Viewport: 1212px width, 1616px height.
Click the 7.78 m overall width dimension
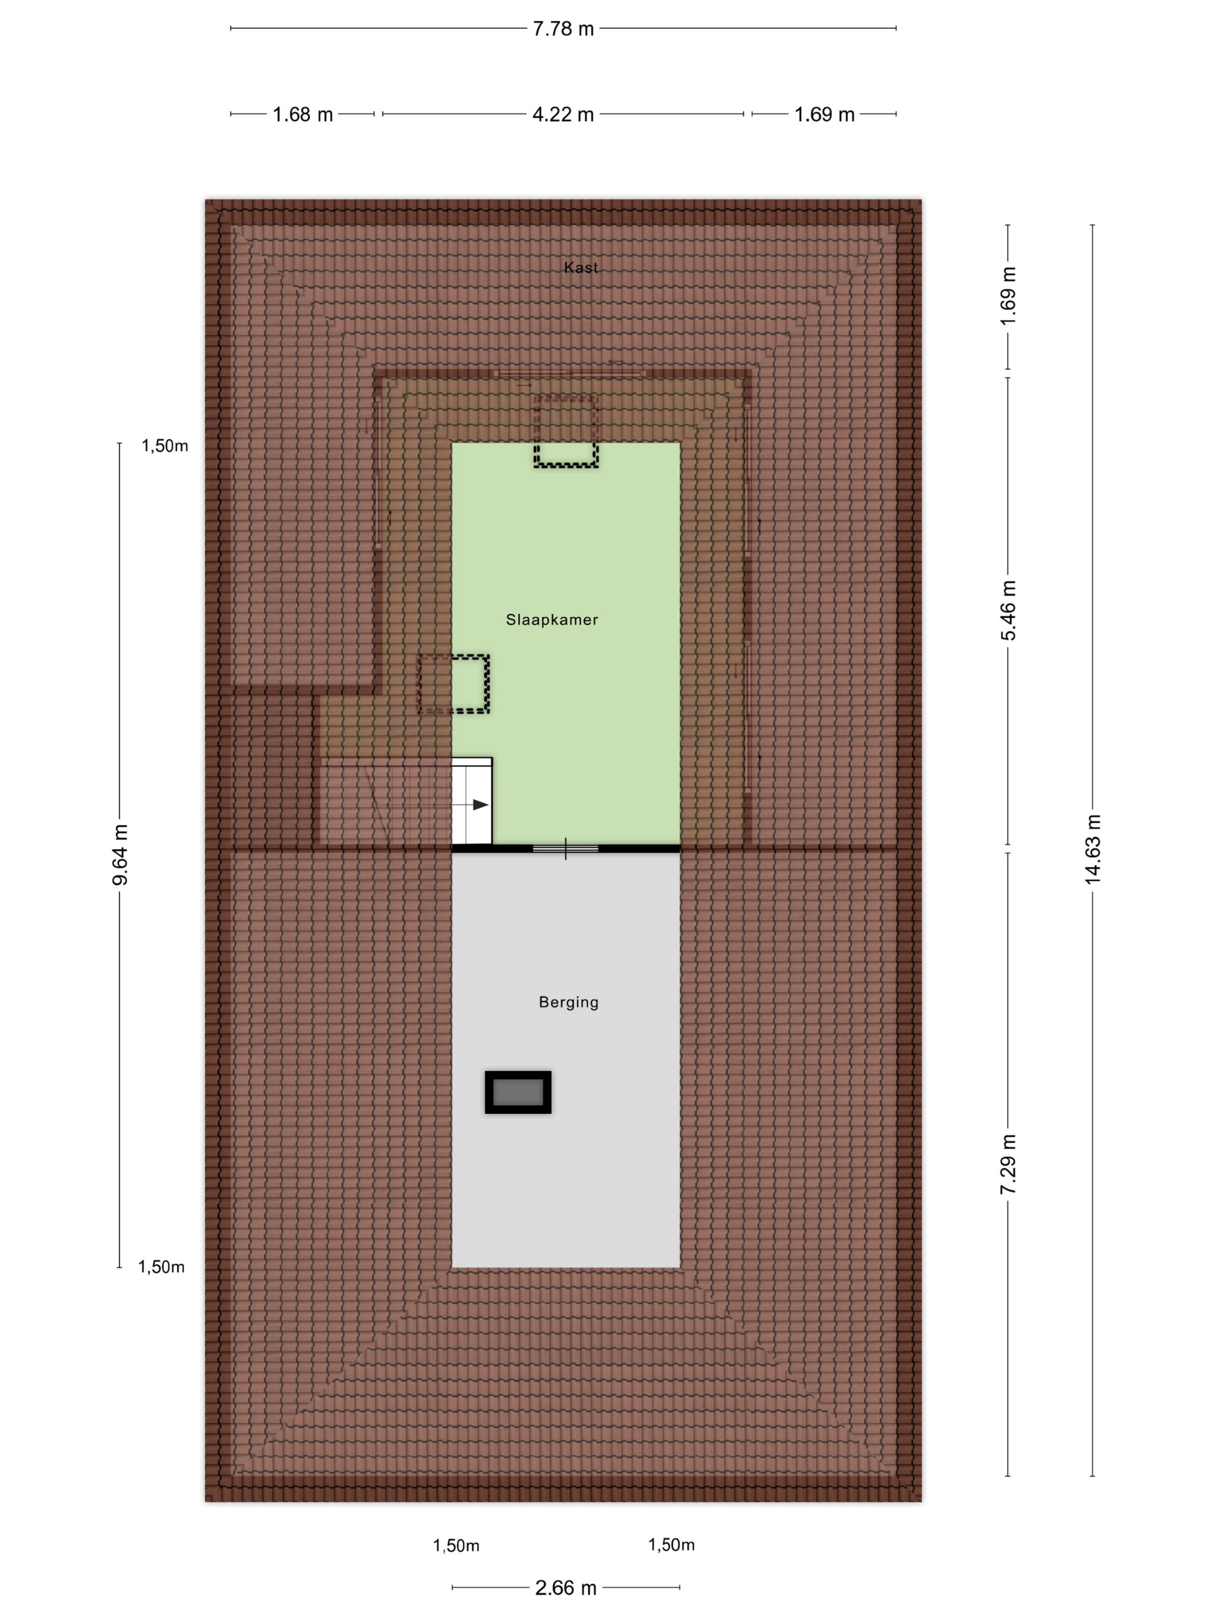[563, 28]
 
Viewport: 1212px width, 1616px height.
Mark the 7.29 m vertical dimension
[1008, 1165]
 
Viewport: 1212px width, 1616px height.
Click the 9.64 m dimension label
[120, 855]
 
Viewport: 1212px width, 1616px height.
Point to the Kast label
[581, 267]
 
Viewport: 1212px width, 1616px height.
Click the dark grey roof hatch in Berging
[518, 1092]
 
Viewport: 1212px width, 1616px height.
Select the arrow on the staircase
[470, 805]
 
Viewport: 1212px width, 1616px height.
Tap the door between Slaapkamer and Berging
[566, 848]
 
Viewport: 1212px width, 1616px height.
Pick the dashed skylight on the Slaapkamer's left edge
[453, 684]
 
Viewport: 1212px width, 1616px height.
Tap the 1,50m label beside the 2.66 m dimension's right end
[671, 1544]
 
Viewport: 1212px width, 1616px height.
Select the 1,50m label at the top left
[164, 446]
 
